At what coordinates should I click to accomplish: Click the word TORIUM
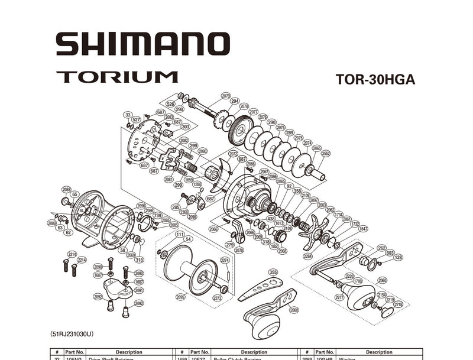[117, 77]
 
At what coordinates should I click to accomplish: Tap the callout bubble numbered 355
[273, 272]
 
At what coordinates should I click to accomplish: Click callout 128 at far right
[398, 257]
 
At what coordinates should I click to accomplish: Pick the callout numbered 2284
[307, 257]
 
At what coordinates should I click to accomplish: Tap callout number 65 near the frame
[74, 194]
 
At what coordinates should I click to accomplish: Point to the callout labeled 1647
[363, 228]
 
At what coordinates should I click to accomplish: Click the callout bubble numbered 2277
[339, 297]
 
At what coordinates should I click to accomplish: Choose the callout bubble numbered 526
[170, 104]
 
